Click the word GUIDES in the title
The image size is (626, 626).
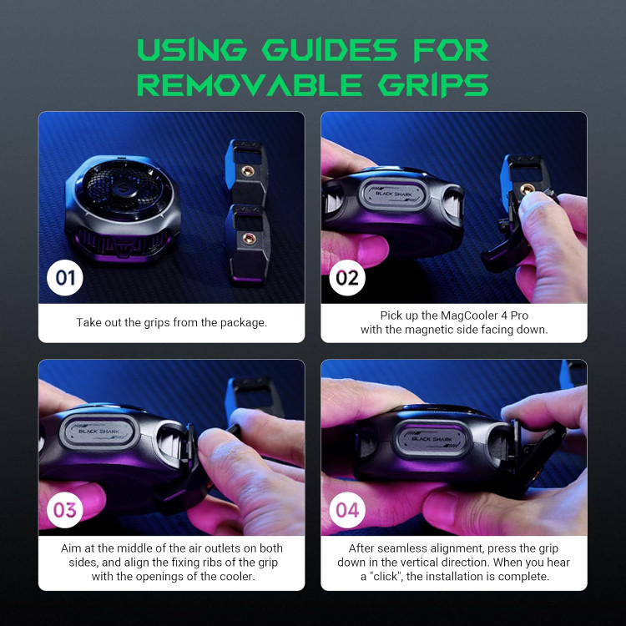pyautogui.click(x=330, y=50)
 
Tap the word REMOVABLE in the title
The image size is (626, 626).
pyautogui.click(x=250, y=84)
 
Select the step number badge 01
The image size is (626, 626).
pyautogui.click(x=64, y=278)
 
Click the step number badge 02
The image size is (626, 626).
pyautogui.click(x=347, y=278)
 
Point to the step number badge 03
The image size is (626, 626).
pyautogui.click(x=64, y=510)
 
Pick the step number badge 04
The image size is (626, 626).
pyautogui.click(x=347, y=510)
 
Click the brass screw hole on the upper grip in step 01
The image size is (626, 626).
pyautogui.click(x=248, y=171)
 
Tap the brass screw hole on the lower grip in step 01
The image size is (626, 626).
pyautogui.click(x=249, y=239)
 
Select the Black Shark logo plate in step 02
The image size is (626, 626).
pyautogui.click(x=394, y=195)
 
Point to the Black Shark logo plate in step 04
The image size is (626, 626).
pyautogui.click(x=432, y=440)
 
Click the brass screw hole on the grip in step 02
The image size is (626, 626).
pyautogui.click(x=526, y=189)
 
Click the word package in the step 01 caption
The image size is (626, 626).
pyautogui.click(x=243, y=322)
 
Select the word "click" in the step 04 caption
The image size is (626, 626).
pyautogui.click(x=385, y=577)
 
